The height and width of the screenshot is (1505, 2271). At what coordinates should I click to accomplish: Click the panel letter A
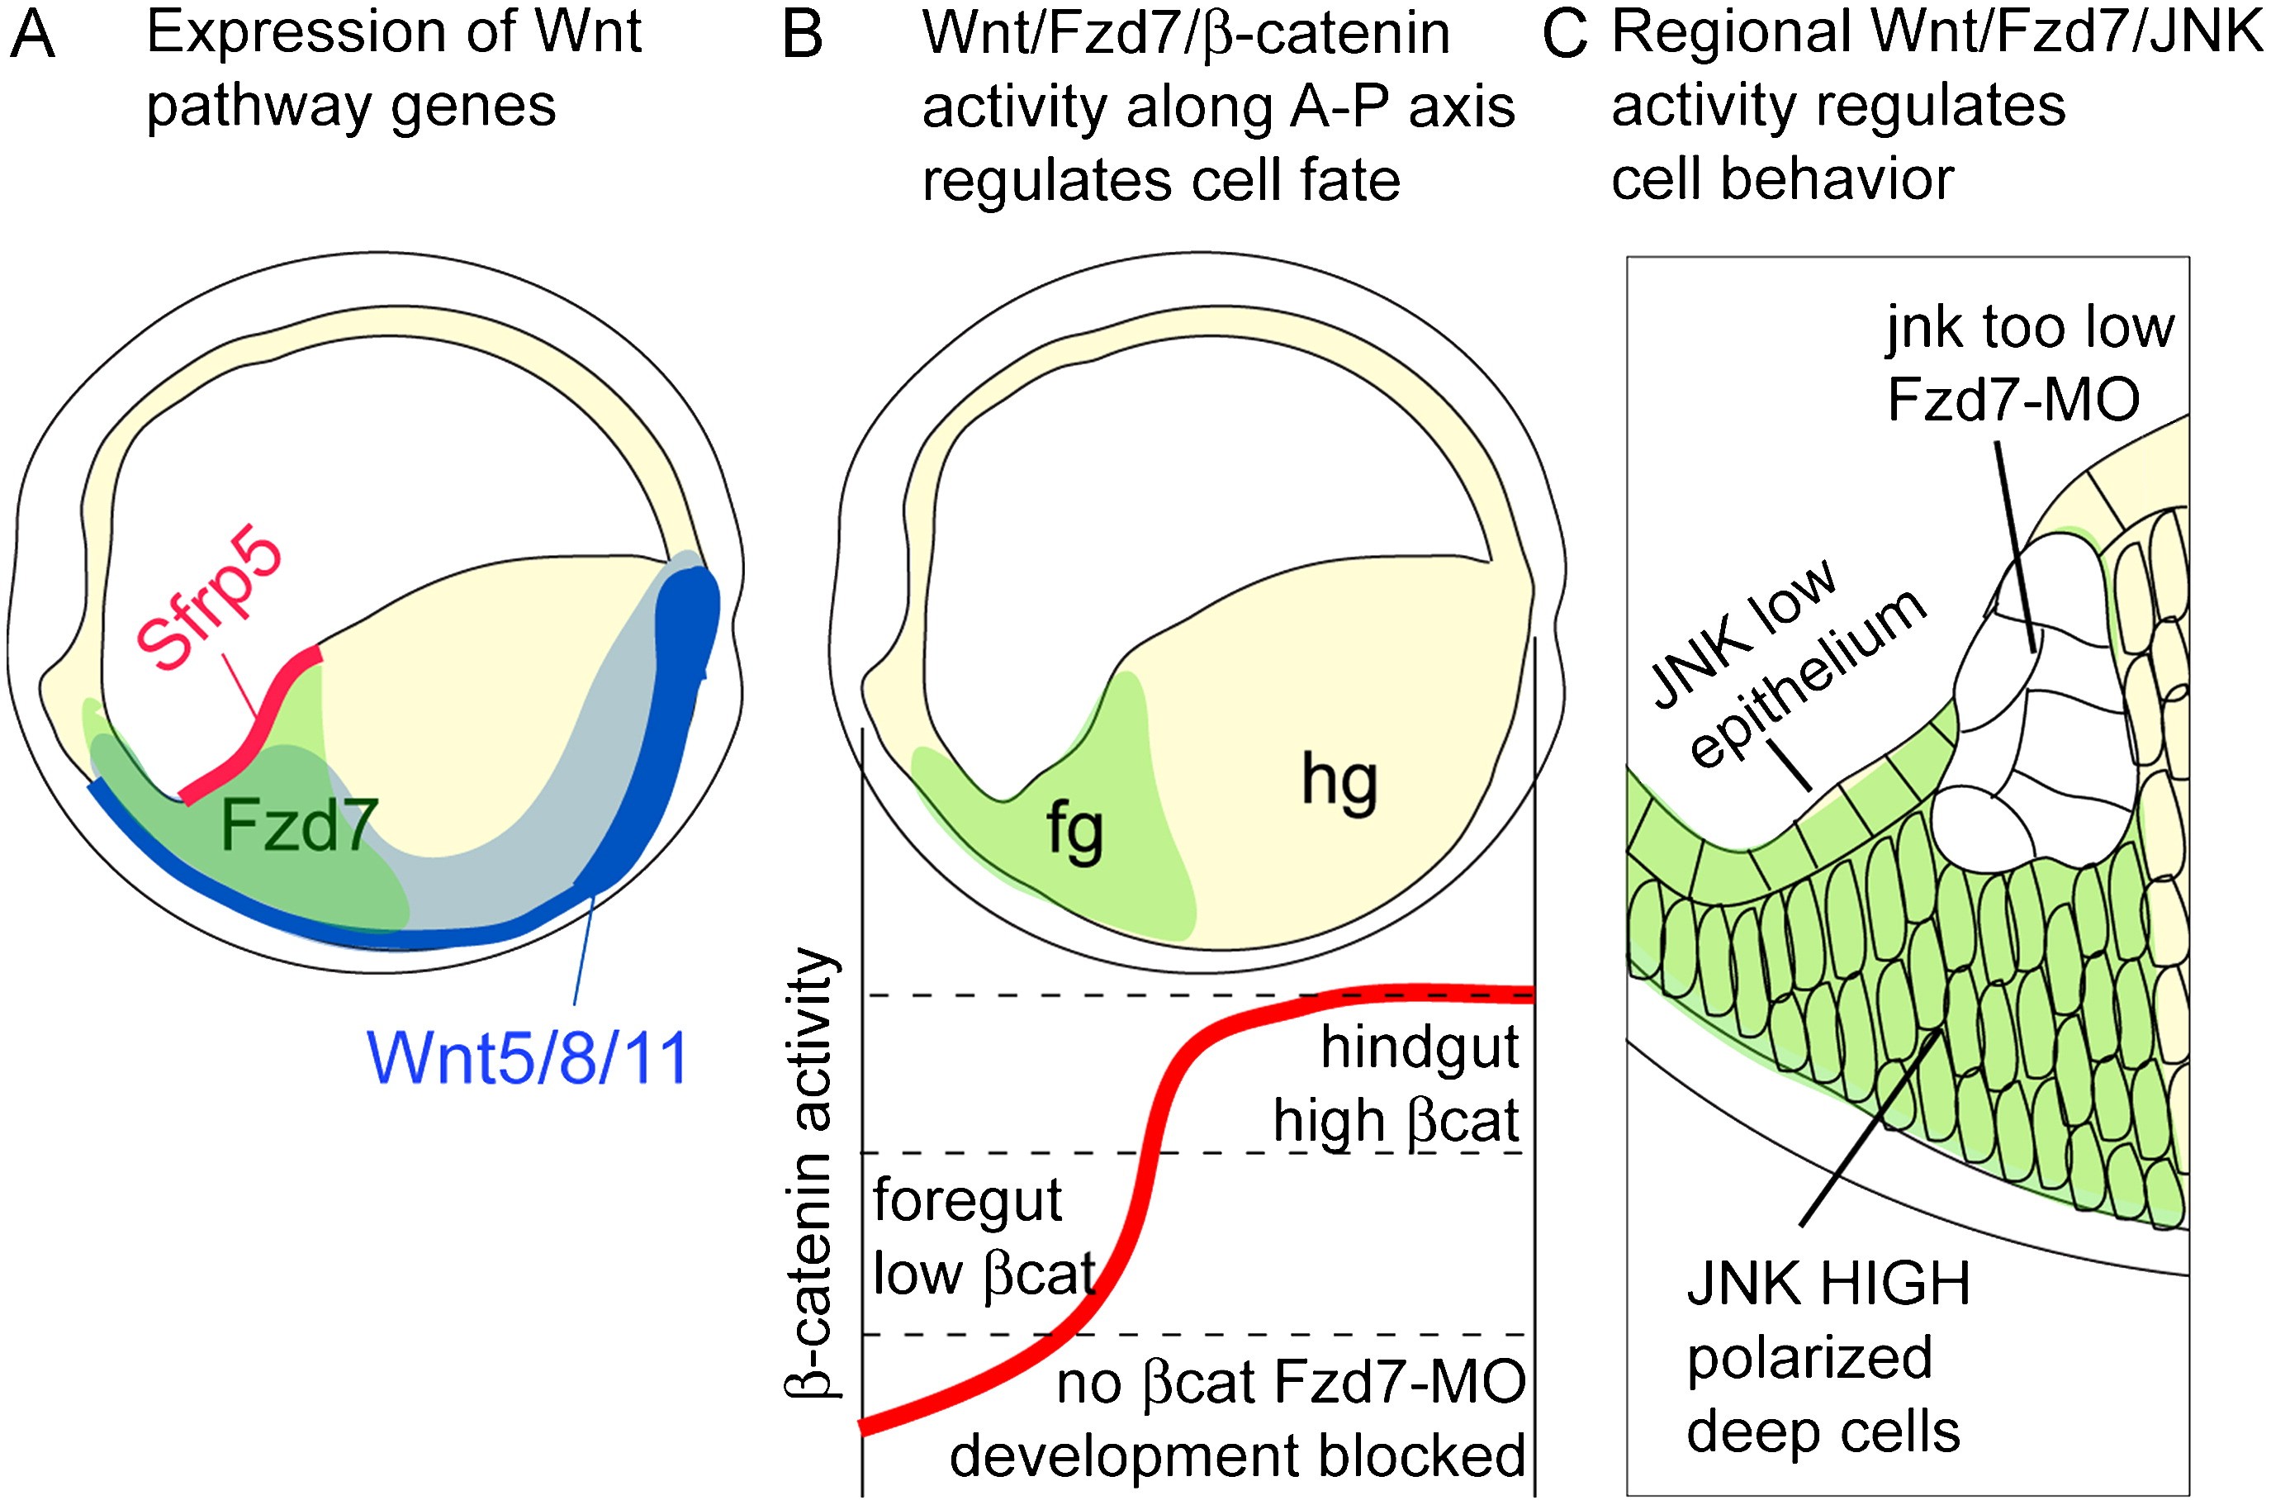click(x=34, y=36)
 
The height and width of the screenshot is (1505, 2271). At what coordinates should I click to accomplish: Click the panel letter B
click(x=803, y=36)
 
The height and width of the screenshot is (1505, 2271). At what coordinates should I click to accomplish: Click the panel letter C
click(x=1564, y=36)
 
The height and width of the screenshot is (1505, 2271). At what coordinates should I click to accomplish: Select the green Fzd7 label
click(x=298, y=825)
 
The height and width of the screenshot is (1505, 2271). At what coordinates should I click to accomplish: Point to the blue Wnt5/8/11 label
click(x=528, y=1059)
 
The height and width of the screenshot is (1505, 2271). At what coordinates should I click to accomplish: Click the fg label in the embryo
click(x=1074, y=831)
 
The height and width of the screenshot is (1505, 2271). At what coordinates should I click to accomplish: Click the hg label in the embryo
click(x=1339, y=782)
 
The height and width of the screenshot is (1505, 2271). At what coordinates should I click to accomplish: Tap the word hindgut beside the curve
click(x=1420, y=1047)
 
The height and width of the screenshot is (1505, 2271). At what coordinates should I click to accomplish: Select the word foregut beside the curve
click(x=967, y=1199)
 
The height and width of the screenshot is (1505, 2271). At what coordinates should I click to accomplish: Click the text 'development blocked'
click(x=1238, y=1455)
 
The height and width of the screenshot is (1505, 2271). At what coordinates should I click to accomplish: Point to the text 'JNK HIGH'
click(x=1828, y=1284)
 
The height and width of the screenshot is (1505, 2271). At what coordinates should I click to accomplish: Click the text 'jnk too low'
click(x=2029, y=328)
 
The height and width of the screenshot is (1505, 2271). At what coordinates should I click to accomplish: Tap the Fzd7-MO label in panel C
click(x=2013, y=399)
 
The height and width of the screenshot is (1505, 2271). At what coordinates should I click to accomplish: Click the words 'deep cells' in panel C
click(x=1823, y=1432)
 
